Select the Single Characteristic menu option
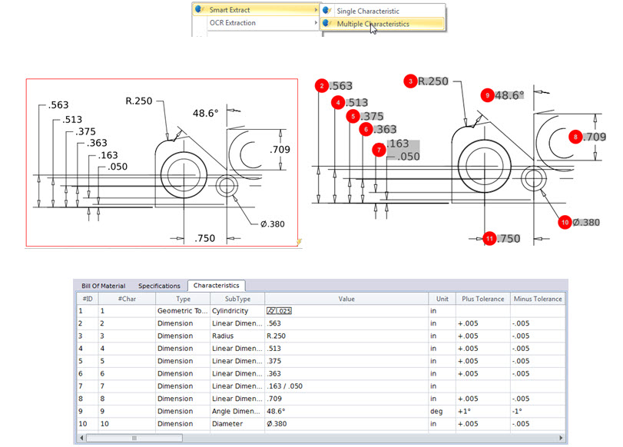tap(378, 11)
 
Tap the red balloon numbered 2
tap(322, 86)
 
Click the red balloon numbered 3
tap(411, 81)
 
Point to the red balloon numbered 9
tap(486, 94)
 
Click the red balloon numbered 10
tap(565, 222)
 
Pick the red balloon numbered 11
tap(490, 238)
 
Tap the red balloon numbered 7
tap(377, 150)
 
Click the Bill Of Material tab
tap(103, 286)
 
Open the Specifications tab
tap(159, 286)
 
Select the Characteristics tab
tap(216, 286)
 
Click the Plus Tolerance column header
tap(482, 299)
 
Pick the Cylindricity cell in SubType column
tap(236, 311)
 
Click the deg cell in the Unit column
tap(442, 411)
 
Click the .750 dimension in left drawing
tap(204, 238)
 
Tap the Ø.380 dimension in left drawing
tap(273, 224)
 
